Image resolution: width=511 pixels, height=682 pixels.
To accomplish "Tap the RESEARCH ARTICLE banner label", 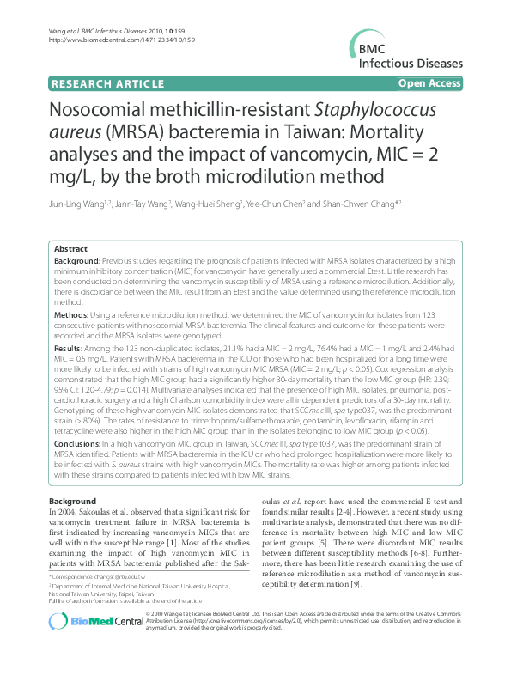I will tap(107, 83).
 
